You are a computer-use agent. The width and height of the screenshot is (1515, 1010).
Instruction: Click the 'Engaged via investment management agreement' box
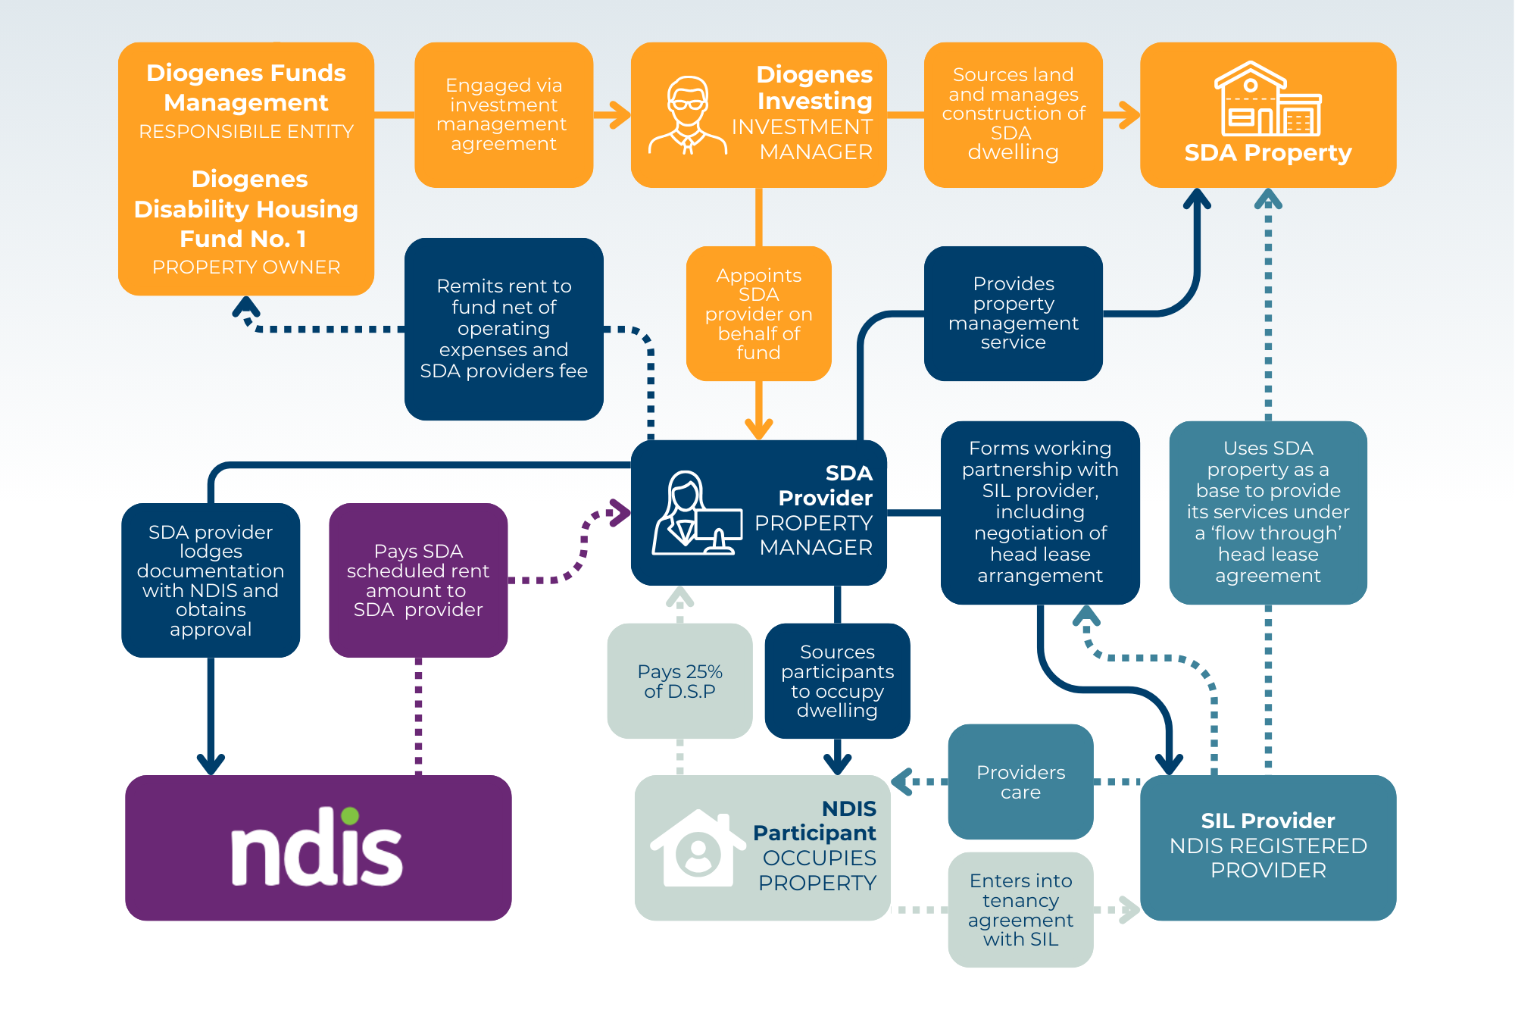[504, 114]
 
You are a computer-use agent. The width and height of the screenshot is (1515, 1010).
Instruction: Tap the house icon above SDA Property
[1267, 100]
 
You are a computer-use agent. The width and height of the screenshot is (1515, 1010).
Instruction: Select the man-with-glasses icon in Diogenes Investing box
[687, 116]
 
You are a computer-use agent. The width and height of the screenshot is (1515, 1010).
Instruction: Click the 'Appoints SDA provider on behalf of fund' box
[758, 314]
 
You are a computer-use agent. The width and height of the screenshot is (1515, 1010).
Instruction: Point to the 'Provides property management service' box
[1013, 313]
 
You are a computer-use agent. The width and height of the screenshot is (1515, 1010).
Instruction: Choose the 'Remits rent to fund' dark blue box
[504, 329]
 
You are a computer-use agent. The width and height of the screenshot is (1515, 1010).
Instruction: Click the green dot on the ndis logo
[350, 816]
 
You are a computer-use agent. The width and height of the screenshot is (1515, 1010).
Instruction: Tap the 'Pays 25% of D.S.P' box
[679, 680]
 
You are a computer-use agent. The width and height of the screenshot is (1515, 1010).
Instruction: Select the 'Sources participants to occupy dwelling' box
[837, 680]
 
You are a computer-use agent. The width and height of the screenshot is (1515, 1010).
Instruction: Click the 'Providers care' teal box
[1020, 782]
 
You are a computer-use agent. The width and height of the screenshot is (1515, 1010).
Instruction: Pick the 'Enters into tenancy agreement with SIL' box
[1020, 909]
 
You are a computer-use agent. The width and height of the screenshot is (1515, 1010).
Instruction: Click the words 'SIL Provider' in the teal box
[1267, 821]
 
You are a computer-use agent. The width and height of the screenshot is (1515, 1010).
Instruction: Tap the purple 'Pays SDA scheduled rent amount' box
[418, 580]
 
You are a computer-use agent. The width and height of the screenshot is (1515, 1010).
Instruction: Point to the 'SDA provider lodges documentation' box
[211, 580]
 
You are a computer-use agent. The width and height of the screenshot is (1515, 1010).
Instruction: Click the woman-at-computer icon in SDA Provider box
[695, 514]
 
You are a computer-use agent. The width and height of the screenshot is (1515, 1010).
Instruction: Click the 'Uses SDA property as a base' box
[1267, 512]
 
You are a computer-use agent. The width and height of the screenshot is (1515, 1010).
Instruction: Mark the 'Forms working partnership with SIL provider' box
[1040, 512]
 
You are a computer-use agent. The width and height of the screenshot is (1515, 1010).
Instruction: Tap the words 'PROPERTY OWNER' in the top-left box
[246, 267]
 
